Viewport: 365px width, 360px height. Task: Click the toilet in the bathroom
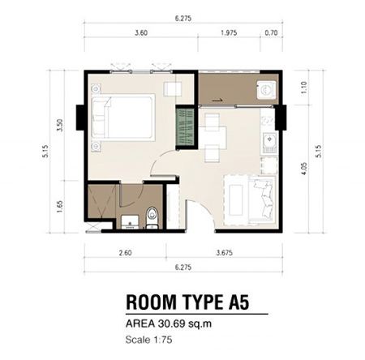152,217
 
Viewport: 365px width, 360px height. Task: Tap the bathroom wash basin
130,222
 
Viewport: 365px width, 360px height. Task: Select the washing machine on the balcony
267,89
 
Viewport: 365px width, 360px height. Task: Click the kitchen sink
269,142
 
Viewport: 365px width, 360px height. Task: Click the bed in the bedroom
123,118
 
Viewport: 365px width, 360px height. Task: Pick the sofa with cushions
262,200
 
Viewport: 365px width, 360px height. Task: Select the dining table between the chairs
217,138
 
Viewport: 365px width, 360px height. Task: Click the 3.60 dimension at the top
141,32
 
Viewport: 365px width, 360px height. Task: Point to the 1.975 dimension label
229,32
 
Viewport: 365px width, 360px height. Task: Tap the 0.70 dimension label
271,32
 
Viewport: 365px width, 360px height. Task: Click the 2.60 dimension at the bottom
126,253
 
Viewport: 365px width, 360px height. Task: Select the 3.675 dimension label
225,253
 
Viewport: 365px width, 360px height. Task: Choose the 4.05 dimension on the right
304,169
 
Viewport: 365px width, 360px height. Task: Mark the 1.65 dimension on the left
60,207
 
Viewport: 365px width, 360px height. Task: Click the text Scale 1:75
148,340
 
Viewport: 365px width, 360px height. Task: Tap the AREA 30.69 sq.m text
169,324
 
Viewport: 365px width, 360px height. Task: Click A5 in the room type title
237,302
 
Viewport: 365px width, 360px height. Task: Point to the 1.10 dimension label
304,88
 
